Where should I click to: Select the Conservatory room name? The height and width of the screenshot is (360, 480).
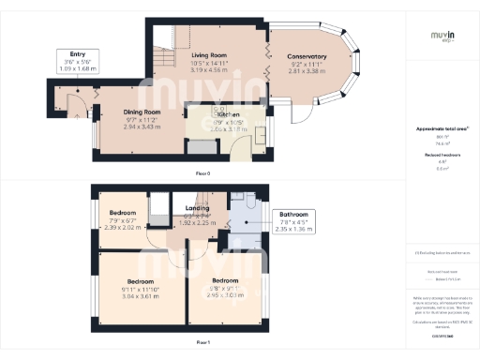point(307,56)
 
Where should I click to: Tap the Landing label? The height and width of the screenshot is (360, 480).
point(197,208)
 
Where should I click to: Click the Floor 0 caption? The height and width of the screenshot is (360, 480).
point(202,174)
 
